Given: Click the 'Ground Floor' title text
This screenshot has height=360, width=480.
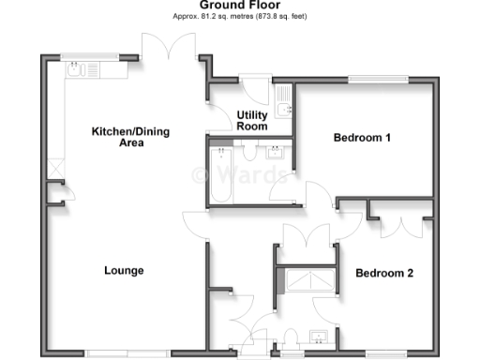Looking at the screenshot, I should coord(239,6).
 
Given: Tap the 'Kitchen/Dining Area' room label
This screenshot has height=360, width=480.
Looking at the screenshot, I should coord(130,137).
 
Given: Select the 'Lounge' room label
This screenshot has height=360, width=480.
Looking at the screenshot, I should coord(124,271).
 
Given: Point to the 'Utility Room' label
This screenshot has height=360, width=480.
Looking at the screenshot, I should coord(252,120).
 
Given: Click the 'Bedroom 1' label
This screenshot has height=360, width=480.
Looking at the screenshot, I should coord(362,138).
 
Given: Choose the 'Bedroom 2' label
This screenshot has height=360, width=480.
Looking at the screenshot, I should coord(384,274).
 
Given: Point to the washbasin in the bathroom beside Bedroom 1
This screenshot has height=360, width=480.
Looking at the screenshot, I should coord(277,152).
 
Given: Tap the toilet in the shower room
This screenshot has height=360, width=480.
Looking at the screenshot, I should coord(290,337).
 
